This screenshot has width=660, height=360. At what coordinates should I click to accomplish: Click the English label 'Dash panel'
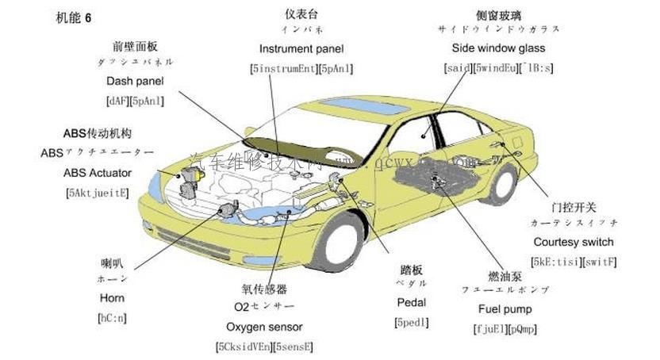pyautogui.click(x=135, y=81)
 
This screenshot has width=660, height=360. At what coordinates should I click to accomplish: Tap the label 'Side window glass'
pyautogui.click(x=498, y=48)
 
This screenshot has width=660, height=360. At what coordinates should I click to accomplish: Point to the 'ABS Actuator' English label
pyautogui.click(x=97, y=172)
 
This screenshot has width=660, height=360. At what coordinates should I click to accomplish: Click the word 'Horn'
pyautogui.click(x=112, y=298)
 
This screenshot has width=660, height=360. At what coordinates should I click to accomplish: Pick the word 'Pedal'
pyautogui.click(x=411, y=302)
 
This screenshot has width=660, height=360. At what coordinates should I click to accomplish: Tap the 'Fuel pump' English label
pyautogui.click(x=505, y=309)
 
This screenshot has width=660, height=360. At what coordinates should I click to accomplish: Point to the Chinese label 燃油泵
pyautogui.click(x=505, y=276)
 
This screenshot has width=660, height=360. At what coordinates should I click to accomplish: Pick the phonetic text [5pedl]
pyautogui.click(x=411, y=322)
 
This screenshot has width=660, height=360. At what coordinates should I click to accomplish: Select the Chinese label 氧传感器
pyautogui.click(x=264, y=289)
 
